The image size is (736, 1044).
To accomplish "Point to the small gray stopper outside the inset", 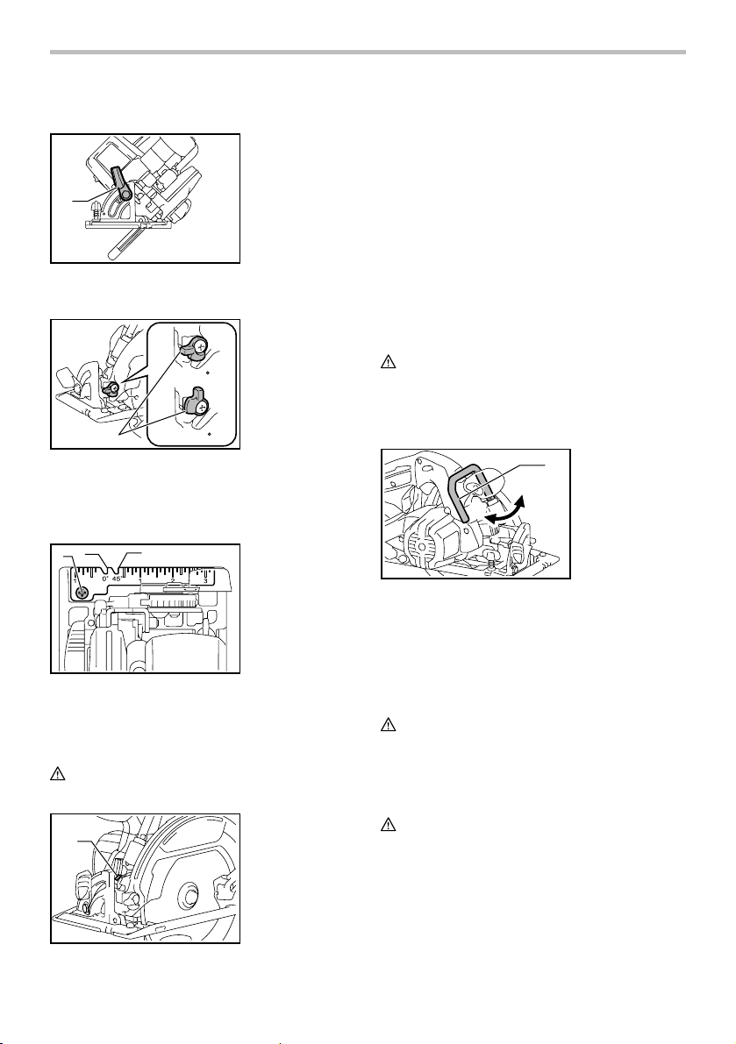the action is [x=111, y=387].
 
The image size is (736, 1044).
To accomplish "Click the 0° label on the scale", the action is [x=106, y=579].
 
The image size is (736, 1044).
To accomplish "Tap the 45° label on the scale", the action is [x=118, y=579].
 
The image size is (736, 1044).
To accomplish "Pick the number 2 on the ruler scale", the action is [x=172, y=581].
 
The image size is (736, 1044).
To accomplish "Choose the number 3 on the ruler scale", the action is [x=205, y=581].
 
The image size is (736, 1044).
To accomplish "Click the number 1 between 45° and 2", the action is [x=139, y=581].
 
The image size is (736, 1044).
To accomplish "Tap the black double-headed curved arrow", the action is [x=505, y=513].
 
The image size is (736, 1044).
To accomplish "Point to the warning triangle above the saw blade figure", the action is [x=57, y=774].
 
